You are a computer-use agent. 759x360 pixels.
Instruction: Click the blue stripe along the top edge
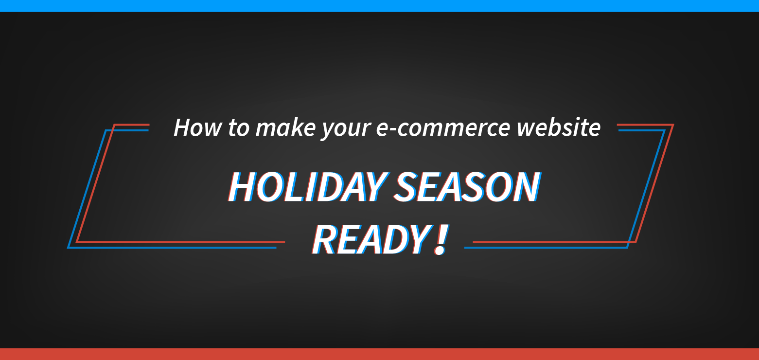pyautogui.click(x=379, y=5)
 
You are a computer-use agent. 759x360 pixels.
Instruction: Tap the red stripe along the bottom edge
pyautogui.click(x=379, y=354)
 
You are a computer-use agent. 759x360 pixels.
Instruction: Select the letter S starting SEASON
pyautogui.click(x=407, y=187)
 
